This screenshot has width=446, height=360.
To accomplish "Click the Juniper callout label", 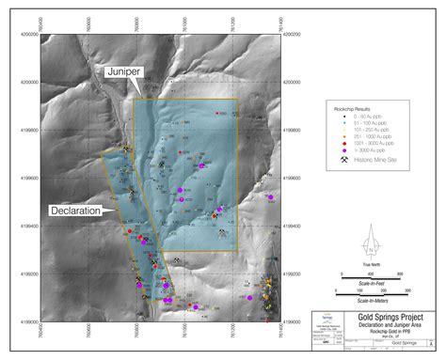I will coord(122,70).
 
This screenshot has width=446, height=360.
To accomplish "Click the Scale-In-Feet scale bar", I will coord(372,279).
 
